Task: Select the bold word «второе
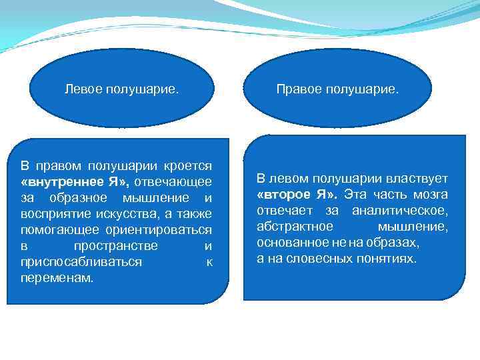click(285, 195)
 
